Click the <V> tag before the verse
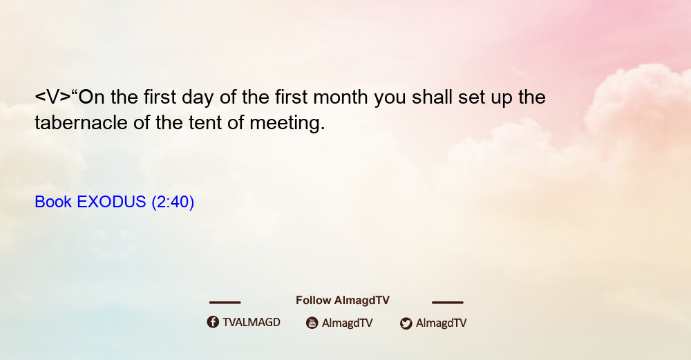click(53, 97)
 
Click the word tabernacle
click(81, 122)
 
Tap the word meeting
click(287, 124)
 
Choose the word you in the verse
click(390, 99)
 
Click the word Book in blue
click(53, 201)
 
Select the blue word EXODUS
click(111, 201)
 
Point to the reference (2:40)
click(173, 202)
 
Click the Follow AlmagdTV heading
click(343, 300)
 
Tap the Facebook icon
click(213, 322)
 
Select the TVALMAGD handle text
click(252, 322)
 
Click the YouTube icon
click(312, 323)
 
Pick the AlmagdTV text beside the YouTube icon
click(348, 323)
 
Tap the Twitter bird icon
click(406, 323)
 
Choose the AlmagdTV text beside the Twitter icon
click(441, 323)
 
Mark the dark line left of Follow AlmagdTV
click(225, 302)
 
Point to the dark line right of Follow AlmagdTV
click(448, 302)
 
